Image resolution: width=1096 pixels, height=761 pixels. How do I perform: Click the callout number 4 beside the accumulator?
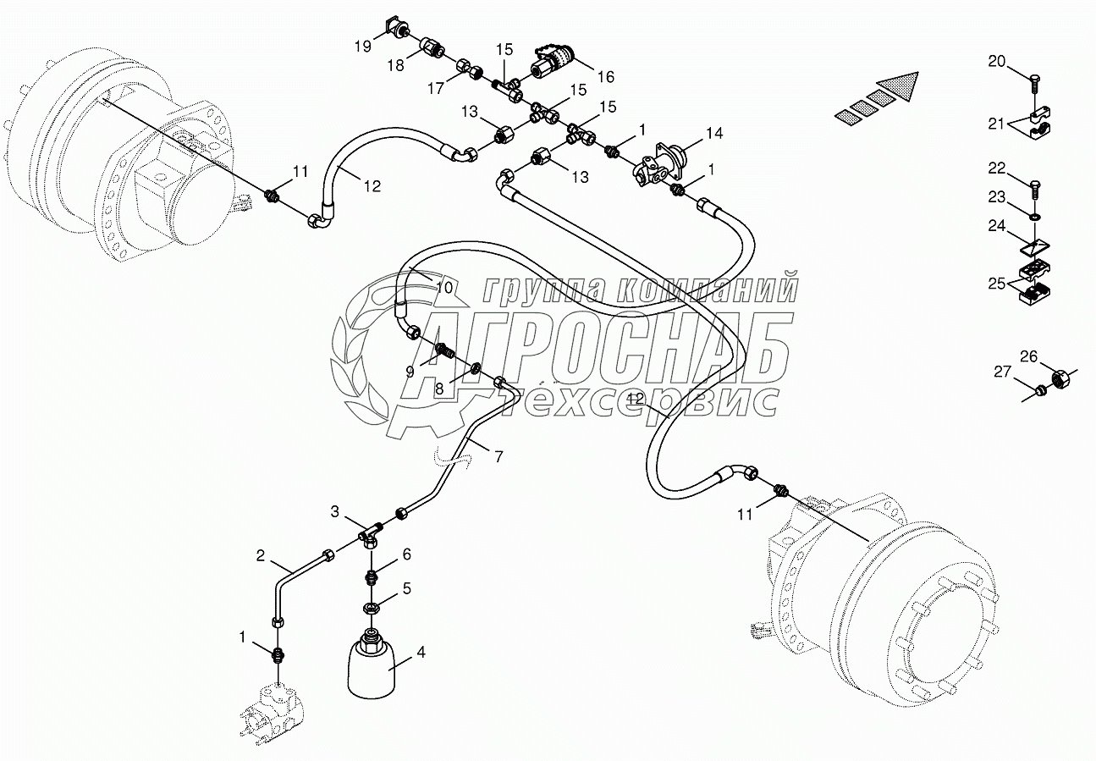421,653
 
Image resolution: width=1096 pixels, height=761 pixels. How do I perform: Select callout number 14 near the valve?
715,133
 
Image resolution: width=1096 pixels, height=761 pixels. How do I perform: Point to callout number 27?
1001,371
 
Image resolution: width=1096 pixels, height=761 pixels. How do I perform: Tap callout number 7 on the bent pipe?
498,457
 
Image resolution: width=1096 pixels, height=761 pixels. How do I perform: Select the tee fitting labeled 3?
370,533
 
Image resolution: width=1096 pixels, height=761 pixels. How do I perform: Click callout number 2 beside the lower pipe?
262,556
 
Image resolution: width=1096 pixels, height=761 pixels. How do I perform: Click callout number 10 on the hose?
444,287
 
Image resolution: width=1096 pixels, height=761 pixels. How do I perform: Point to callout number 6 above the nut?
406,554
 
